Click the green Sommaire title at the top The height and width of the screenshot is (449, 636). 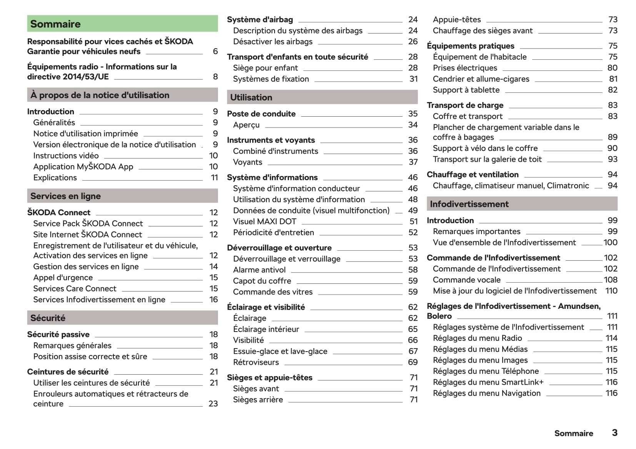(x=55, y=24)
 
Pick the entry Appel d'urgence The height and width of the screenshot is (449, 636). (x=63, y=278)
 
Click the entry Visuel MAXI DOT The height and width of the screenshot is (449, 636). (x=265, y=221)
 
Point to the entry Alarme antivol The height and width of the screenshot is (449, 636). (x=259, y=270)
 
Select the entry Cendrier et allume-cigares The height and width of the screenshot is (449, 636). (x=481, y=79)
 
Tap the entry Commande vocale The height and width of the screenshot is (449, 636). (x=466, y=280)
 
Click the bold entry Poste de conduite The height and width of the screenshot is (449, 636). (x=261, y=114)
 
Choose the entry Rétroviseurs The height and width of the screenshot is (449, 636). (x=256, y=362)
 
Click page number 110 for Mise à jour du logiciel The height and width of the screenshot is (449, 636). (x=611, y=291)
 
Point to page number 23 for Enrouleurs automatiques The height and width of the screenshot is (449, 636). (x=213, y=404)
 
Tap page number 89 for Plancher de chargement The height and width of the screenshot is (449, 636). (x=612, y=137)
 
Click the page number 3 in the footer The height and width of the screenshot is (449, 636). (x=614, y=433)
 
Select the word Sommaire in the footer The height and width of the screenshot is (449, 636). (x=573, y=433)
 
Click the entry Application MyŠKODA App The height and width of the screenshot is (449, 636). (x=83, y=167)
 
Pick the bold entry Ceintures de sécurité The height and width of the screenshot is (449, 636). (x=68, y=372)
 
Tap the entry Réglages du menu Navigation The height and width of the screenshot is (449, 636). (x=486, y=393)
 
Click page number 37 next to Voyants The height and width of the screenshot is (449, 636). (x=413, y=162)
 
